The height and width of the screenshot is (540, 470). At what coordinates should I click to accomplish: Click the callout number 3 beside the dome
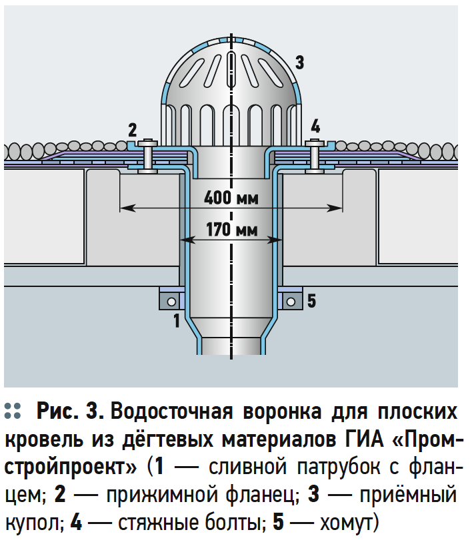[x=299, y=63]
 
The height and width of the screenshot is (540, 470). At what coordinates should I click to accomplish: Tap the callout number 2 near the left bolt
[x=133, y=130]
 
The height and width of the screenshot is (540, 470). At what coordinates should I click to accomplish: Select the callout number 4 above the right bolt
[x=315, y=126]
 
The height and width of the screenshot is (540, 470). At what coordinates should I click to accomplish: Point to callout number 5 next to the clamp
[x=311, y=301]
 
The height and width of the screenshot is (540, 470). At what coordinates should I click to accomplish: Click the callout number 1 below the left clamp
[x=177, y=321]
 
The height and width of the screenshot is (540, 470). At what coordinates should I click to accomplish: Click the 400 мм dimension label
[x=231, y=198]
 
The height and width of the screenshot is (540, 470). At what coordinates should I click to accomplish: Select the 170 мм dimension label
[x=232, y=230]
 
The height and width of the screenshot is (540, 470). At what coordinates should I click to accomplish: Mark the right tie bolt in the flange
[x=315, y=156]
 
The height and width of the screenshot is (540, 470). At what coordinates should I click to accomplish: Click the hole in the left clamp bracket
[x=171, y=302]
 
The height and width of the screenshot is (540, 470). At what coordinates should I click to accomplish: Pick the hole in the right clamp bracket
[x=291, y=302]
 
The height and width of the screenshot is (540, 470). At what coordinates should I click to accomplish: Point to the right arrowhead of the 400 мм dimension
[x=335, y=208]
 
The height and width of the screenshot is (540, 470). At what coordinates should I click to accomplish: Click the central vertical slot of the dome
[x=231, y=70]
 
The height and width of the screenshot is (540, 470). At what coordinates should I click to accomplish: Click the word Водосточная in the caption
[x=172, y=411]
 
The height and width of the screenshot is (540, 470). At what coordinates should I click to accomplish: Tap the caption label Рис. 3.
[x=70, y=411]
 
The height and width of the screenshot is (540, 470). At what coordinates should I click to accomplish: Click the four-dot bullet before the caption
[x=13, y=411]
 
